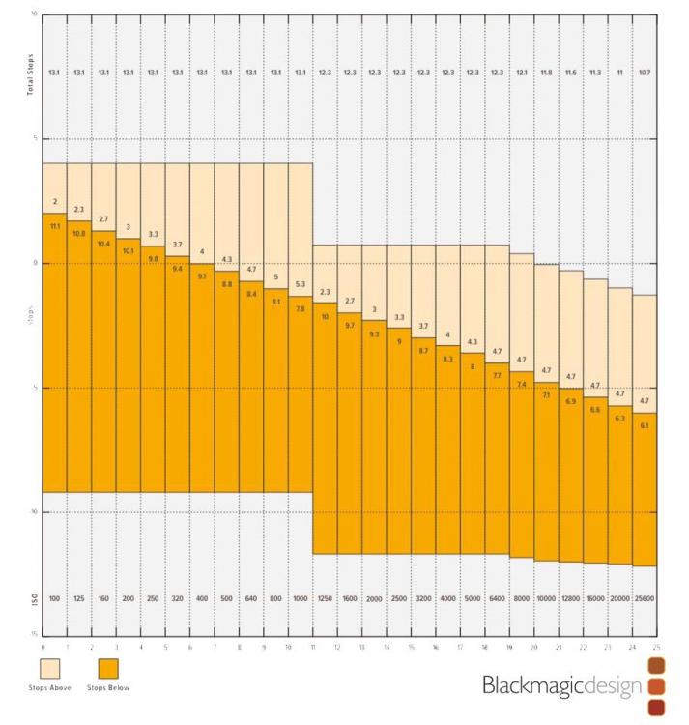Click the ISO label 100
pos(54,599)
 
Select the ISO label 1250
pos(325,599)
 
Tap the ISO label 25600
pos(645,599)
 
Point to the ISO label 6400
pos(497,599)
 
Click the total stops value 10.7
pos(645,72)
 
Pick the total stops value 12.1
pos(522,72)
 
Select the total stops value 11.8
pos(546,72)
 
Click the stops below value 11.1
pos(54,226)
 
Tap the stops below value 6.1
pos(645,425)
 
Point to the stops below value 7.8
pos(301,309)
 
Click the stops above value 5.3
pos(301,284)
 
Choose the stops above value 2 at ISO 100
pos(54,202)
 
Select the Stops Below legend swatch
pos(113,669)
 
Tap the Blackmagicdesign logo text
pos(562,686)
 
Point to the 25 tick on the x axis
pos(657,646)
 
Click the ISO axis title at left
pos(33,599)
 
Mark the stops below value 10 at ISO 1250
pos(325,316)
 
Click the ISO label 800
pos(275,599)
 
